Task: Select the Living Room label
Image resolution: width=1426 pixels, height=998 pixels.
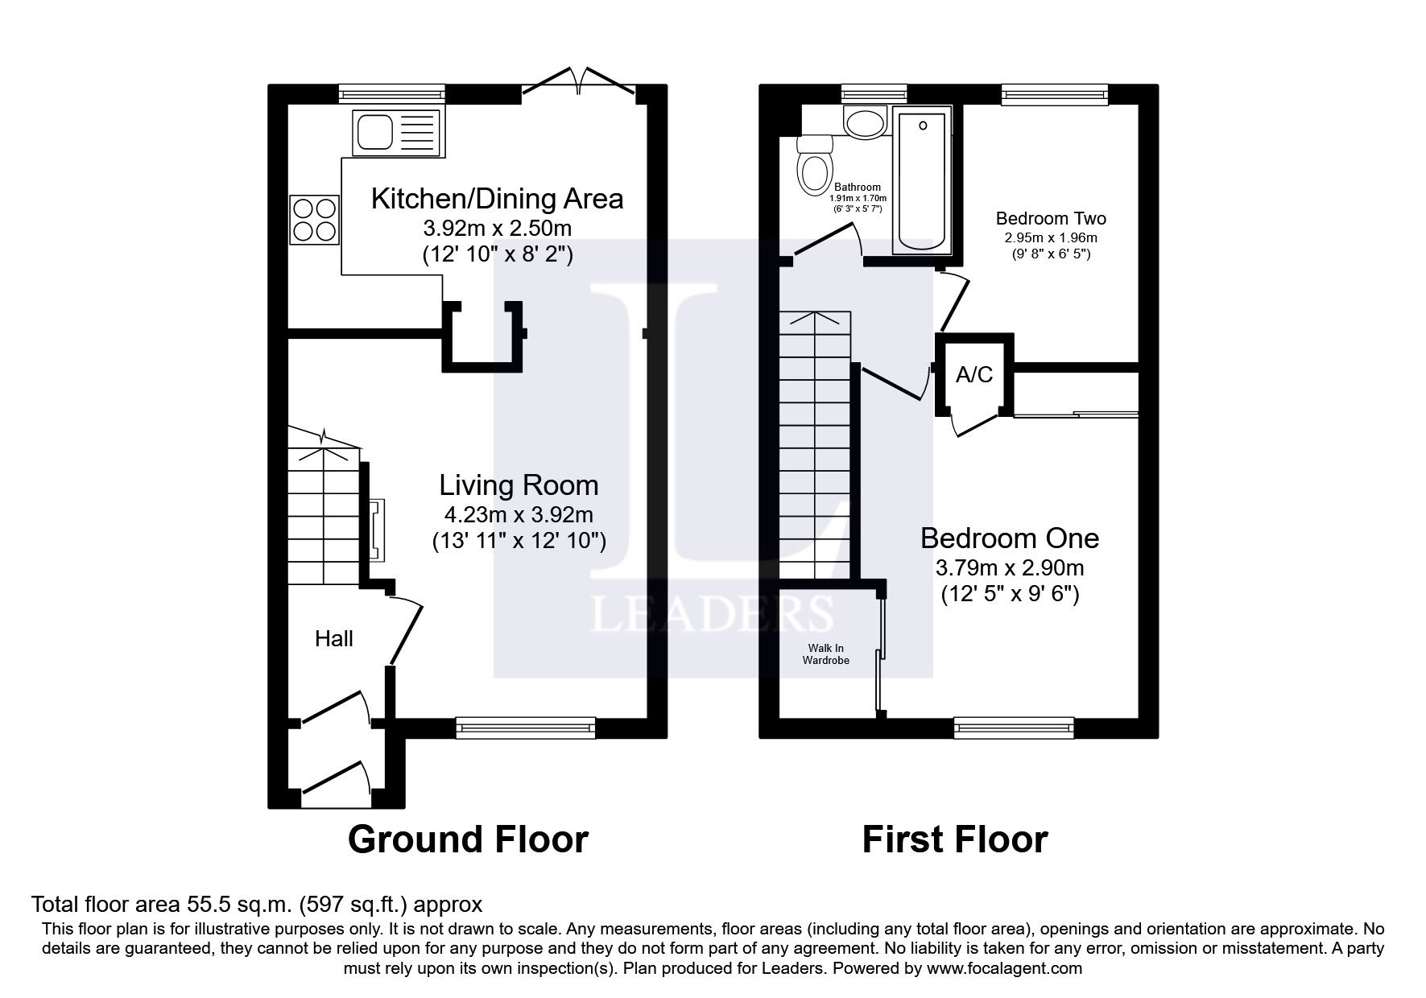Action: pyautogui.click(x=519, y=485)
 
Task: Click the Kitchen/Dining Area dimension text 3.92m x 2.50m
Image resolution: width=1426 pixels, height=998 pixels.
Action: pyautogui.click(x=497, y=228)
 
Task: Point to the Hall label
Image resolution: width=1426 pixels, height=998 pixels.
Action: pyautogui.click(x=333, y=639)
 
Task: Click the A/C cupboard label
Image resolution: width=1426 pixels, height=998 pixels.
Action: pyautogui.click(x=974, y=375)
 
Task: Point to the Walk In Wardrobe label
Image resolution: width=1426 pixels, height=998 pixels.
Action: pyautogui.click(x=826, y=654)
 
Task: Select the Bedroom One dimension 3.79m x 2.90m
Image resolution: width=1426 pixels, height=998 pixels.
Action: pyautogui.click(x=1010, y=568)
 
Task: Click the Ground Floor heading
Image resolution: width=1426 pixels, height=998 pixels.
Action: pyautogui.click(x=468, y=839)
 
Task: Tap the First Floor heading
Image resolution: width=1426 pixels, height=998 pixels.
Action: pyautogui.click(x=954, y=839)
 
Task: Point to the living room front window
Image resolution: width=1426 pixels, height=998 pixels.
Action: pyautogui.click(x=525, y=728)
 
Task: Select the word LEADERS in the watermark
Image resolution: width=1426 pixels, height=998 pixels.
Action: pyautogui.click(x=713, y=614)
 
